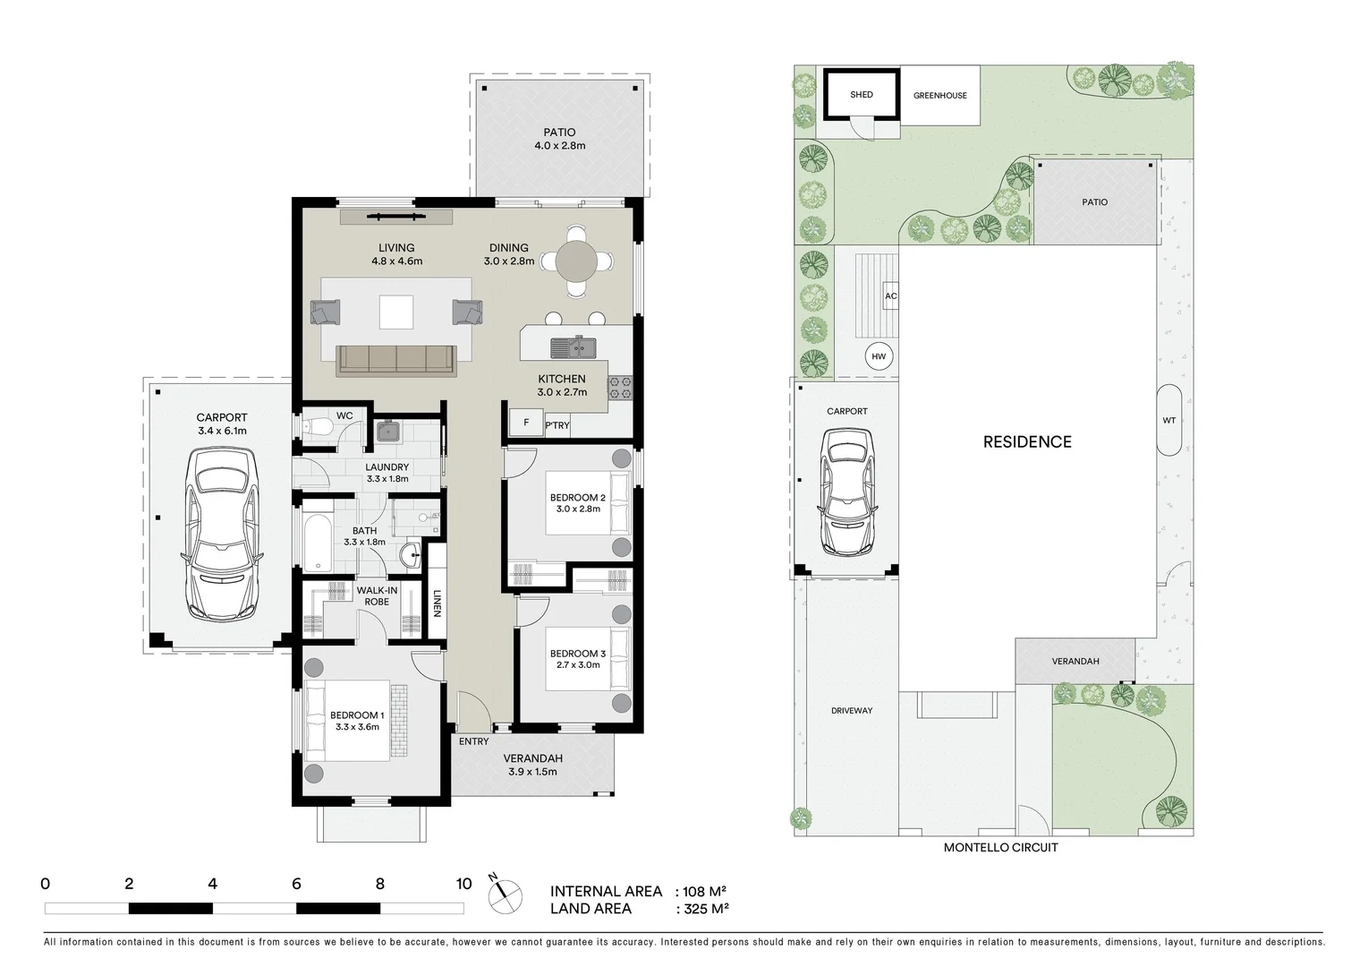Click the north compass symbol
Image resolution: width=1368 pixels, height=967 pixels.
tap(506, 892)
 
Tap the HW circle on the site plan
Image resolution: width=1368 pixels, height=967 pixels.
tap(879, 356)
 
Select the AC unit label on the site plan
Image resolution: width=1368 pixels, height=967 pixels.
tap(890, 296)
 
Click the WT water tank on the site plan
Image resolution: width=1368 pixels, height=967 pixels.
tap(1168, 420)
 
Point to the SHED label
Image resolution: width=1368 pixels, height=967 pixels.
tap(861, 95)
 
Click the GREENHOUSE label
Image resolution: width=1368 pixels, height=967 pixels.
tap(939, 96)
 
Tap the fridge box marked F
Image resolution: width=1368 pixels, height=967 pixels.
tap(526, 423)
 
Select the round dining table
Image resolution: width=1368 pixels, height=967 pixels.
tap(580, 262)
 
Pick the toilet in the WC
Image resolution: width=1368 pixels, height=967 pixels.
tap(315, 429)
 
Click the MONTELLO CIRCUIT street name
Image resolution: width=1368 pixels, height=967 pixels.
tap(1000, 847)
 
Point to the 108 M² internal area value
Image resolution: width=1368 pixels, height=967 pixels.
tap(703, 892)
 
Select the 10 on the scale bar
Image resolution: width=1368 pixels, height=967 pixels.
tap(463, 884)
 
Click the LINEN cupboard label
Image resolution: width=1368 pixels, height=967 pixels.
tap(438, 602)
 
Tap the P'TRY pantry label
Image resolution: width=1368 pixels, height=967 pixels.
tap(557, 425)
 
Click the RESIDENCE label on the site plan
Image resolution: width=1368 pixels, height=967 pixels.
tap(1026, 441)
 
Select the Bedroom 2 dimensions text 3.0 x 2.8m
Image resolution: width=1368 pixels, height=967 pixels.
tap(577, 509)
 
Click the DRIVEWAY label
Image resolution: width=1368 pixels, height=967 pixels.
tap(851, 711)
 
